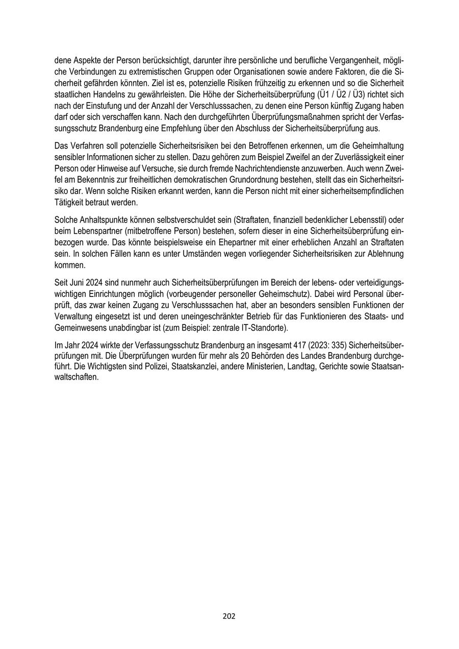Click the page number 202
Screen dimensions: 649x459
(229, 616)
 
